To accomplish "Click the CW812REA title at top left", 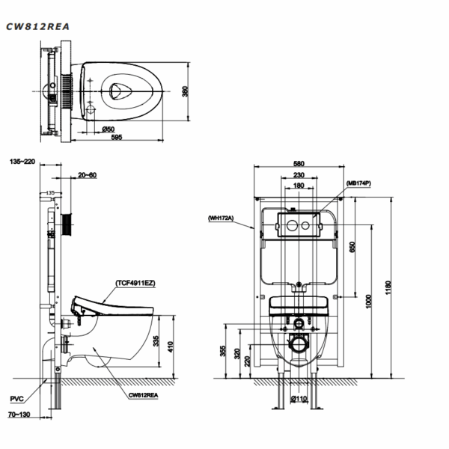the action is tap(37, 27).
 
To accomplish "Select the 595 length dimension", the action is tap(117, 137).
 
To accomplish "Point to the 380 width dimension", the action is tap(186, 91).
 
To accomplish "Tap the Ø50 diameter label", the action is tap(109, 129).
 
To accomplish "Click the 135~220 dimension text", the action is tap(22, 162).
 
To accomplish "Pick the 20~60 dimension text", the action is tap(88, 175).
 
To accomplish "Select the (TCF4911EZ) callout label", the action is tap(135, 283).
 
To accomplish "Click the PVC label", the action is tap(17, 399).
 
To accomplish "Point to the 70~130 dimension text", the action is tap(19, 415).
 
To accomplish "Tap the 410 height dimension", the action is tap(171, 346).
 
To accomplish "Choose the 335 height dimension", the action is tap(156, 340).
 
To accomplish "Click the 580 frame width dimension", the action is tap(299, 164).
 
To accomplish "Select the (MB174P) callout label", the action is tap(358, 183).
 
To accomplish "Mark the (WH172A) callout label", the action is tap(221, 219).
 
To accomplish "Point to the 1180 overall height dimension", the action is tap(388, 288).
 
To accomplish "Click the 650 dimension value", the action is tap(352, 247).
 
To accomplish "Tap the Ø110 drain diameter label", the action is tap(299, 398).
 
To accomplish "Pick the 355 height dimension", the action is tap(223, 351).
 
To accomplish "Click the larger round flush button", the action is tap(292, 226).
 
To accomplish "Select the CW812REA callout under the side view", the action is tap(143, 395).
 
